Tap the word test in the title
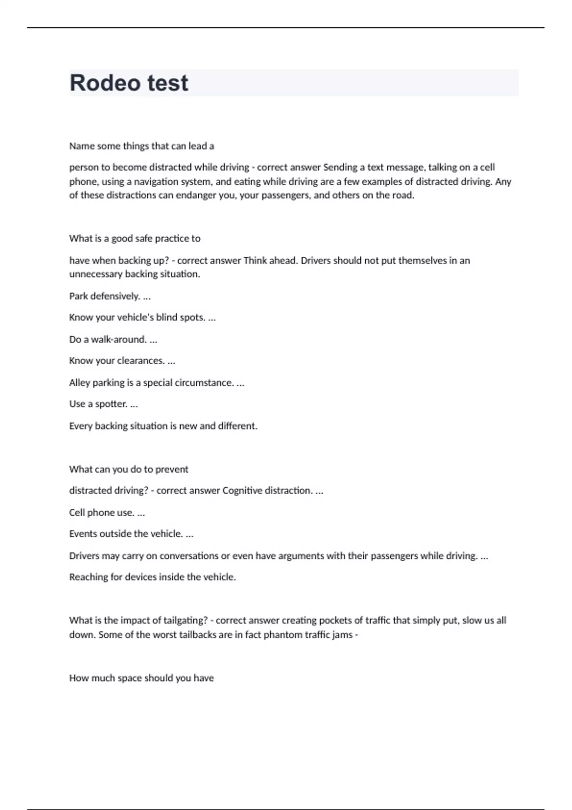(167, 83)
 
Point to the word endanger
(196, 195)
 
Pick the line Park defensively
(110, 296)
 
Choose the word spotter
(111, 404)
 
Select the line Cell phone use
(107, 513)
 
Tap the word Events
(84, 534)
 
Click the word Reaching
(88, 577)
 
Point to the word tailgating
(185, 620)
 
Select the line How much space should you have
(141, 678)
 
